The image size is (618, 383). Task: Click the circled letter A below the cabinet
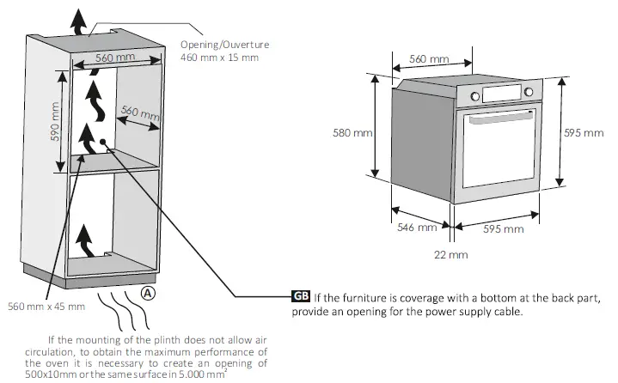(148, 293)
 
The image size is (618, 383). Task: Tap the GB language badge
(301, 296)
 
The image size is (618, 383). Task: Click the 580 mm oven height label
(352, 133)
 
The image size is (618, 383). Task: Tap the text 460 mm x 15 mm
(219, 57)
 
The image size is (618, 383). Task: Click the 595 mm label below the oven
(503, 229)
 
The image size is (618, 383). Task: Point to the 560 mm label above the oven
(430, 59)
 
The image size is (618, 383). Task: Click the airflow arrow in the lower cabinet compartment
(84, 236)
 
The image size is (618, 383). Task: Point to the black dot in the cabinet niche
(103, 143)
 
